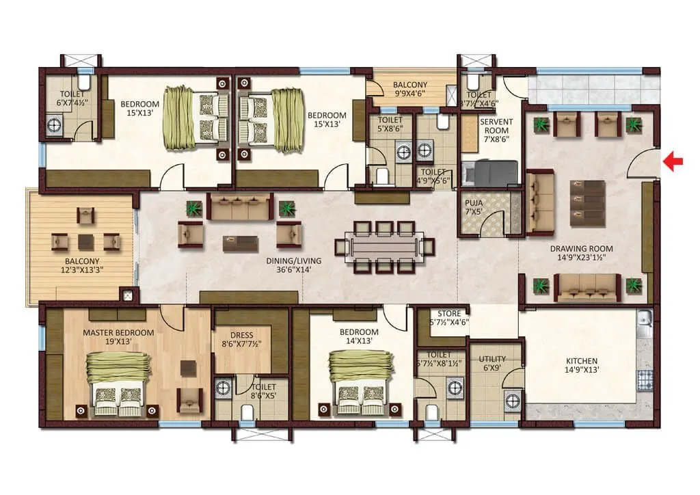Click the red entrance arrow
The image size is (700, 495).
point(675,162)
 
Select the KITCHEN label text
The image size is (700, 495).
point(582,361)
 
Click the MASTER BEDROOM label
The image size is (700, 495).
point(118,332)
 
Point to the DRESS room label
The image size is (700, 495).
point(241,335)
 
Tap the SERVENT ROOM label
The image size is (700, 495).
point(495,126)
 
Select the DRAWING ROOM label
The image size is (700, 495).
point(581,249)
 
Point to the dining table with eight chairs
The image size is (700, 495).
point(379,245)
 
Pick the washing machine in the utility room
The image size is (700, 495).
point(512,401)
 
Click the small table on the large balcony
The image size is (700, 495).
point(86,242)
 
